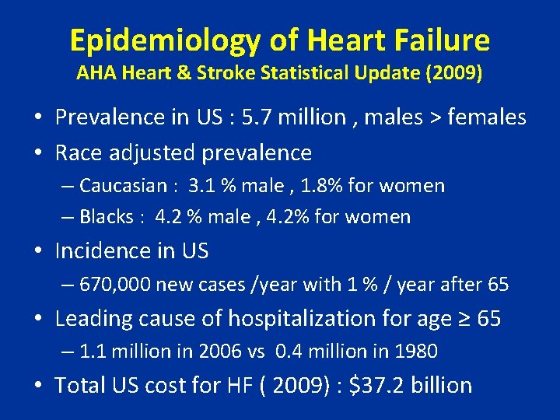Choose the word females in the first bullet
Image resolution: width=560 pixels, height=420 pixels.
[487, 117]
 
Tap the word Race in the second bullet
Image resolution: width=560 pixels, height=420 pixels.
[78, 152]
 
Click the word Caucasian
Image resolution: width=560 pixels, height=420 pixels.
[124, 186]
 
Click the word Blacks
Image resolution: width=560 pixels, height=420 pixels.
[107, 217]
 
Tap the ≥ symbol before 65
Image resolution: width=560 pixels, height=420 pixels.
[464, 319]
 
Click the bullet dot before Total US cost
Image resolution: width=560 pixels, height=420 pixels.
[37, 386]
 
